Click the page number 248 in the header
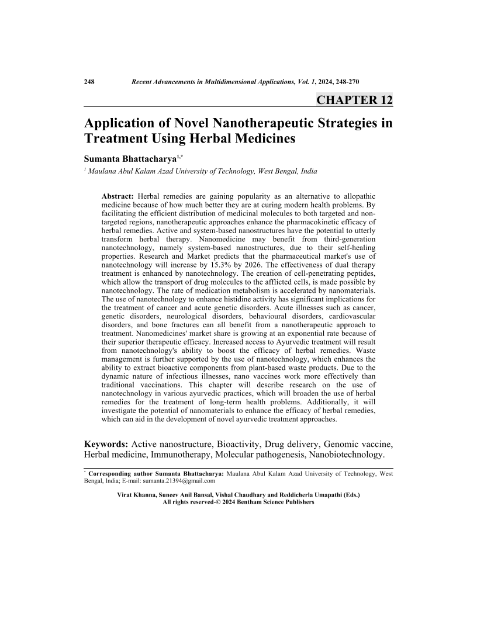click(90, 82)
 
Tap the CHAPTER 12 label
click(354, 99)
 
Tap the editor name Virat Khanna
click(139, 494)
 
